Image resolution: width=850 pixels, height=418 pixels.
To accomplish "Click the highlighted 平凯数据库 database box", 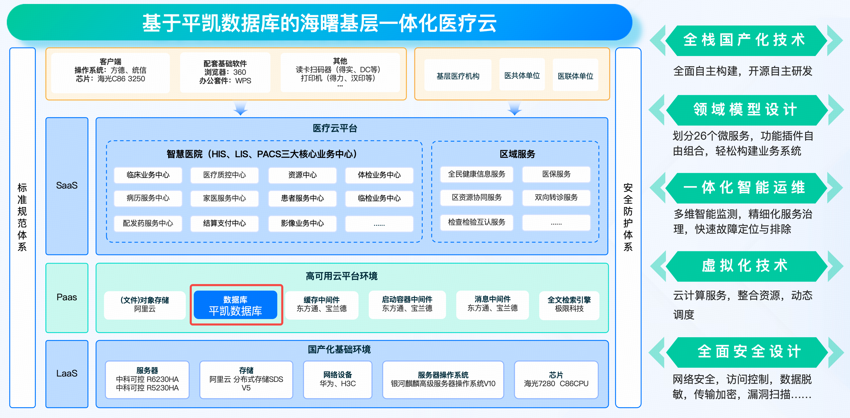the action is click(235, 305).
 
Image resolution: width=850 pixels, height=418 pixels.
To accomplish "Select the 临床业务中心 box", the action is click(148, 175).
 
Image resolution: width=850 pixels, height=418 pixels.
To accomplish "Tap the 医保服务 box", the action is click(556, 174).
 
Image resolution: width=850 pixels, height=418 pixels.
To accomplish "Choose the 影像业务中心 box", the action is click(302, 224).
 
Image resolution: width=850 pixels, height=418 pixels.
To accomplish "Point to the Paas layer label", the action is click(67, 297).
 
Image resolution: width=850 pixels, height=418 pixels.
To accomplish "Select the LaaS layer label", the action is click(67, 373).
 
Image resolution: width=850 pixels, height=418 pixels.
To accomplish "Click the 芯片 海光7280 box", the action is click(556, 380).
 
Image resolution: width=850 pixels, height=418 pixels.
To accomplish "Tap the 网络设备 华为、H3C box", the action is click(338, 380).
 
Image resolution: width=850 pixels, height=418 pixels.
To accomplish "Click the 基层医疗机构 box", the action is click(458, 76).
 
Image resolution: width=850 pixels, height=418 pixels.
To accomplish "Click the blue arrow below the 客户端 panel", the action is click(241, 108).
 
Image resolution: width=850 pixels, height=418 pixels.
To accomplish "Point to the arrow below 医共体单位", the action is click(514, 108).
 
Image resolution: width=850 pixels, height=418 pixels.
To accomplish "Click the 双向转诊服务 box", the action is click(556, 197).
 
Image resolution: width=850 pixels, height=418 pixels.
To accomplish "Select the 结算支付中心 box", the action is click(224, 224).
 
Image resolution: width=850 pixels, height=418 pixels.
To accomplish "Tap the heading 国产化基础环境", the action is click(339, 349).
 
